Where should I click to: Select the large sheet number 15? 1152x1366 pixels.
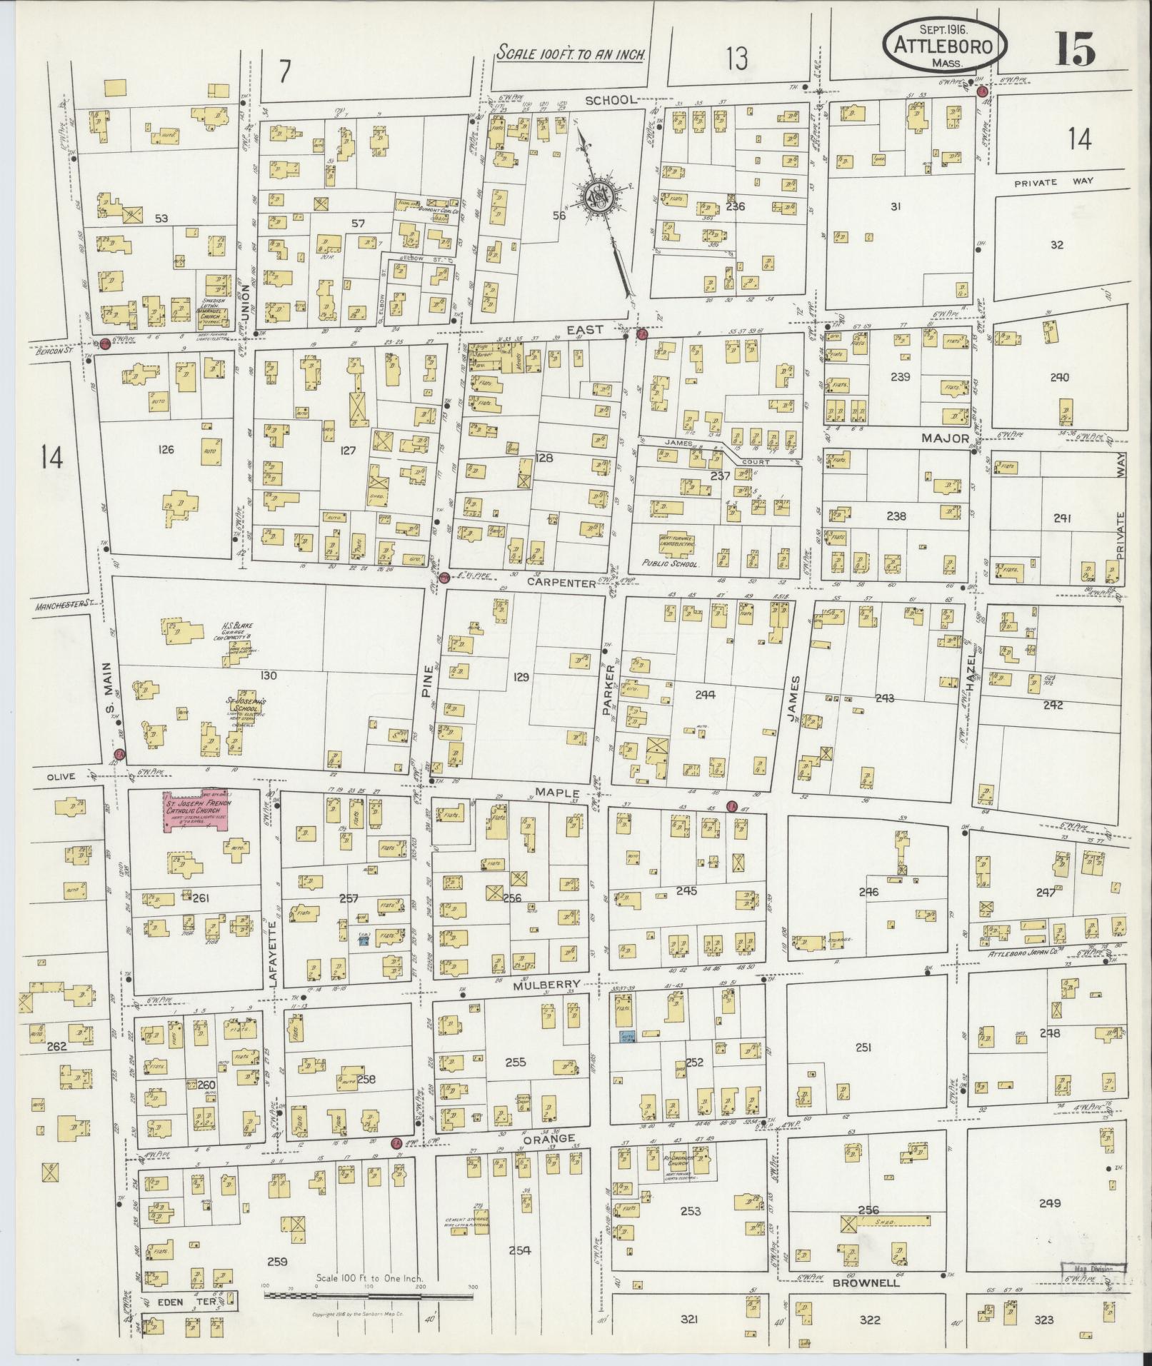pos(1074,48)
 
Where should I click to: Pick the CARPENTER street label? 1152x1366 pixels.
pos(561,583)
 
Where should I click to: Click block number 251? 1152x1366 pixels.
pos(864,1048)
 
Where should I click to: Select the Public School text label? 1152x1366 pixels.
pos(669,563)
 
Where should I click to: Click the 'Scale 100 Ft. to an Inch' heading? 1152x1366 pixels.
pos(571,53)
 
